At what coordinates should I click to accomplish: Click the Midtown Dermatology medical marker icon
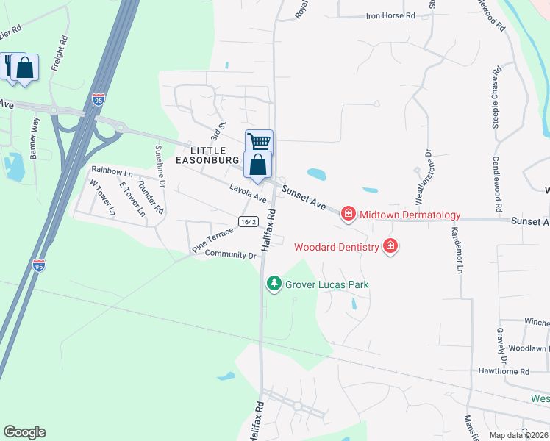pyautogui.click(x=349, y=215)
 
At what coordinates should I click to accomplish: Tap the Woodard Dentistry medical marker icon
pyautogui.click(x=391, y=246)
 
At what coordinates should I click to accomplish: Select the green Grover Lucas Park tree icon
pyautogui.click(x=274, y=284)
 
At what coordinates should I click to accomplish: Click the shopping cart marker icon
pyautogui.click(x=259, y=141)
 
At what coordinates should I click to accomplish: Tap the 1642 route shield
pyautogui.click(x=248, y=221)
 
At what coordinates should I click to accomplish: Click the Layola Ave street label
pyautogui.click(x=248, y=193)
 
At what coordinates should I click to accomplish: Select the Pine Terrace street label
pyautogui.click(x=213, y=240)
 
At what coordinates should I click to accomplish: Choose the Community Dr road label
pyautogui.click(x=229, y=255)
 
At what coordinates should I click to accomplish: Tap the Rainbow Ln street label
pyautogui.click(x=112, y=171)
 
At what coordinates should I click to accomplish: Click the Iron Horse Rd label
pyautogui.click(x=390, y=15)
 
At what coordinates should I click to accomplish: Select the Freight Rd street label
pyautogui.click(x=59, y=66)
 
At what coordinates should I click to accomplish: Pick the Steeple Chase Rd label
pyautogui.click(x=497, y=96)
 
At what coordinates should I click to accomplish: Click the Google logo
pyautogui.click(x=24, y=432)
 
